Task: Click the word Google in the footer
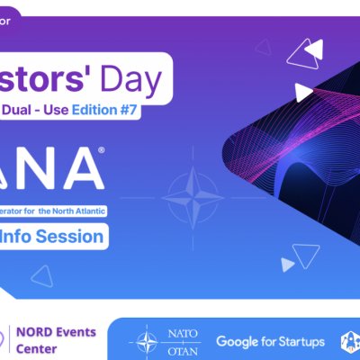pos(240,342)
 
